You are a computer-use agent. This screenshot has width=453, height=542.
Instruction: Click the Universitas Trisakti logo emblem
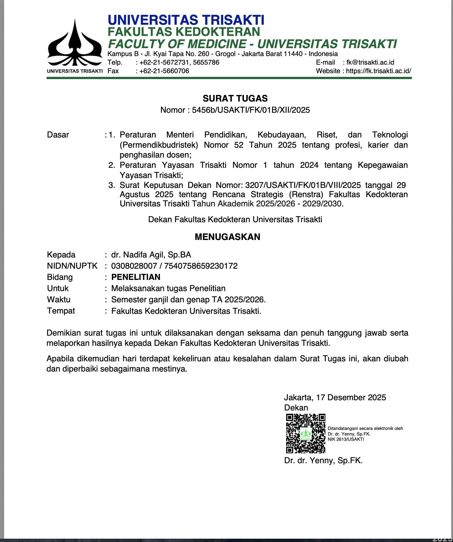pos(75,45)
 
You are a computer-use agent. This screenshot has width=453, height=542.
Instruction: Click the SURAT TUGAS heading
pos(235,98)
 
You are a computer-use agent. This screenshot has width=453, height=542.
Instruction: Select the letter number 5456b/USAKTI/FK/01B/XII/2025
pos(251,110)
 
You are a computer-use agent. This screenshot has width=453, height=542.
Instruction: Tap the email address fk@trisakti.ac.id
pos(370,62)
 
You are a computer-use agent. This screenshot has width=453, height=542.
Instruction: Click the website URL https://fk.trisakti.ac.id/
pos(378,71)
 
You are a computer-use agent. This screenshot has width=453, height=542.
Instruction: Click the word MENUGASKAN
pos(227,237)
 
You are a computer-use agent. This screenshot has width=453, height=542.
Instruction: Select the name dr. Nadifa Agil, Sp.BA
pos(151,255)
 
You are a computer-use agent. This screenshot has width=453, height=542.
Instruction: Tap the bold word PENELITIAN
pos(136,277)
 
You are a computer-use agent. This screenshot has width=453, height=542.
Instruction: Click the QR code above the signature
pos(306,433)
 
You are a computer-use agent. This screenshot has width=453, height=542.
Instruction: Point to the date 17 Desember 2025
pos(351,397)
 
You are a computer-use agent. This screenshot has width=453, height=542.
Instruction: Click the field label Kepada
pos(61,255)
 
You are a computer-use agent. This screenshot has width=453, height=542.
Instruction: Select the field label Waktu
pos(59,299)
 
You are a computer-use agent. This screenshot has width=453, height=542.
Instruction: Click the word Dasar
pos(58,135)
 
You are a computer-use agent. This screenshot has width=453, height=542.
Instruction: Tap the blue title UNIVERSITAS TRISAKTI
pos(186,20)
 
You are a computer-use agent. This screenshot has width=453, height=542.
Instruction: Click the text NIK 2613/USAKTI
pos(346,439)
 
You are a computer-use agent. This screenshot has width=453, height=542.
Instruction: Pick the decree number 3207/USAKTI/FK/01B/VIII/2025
pos(303,185)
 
